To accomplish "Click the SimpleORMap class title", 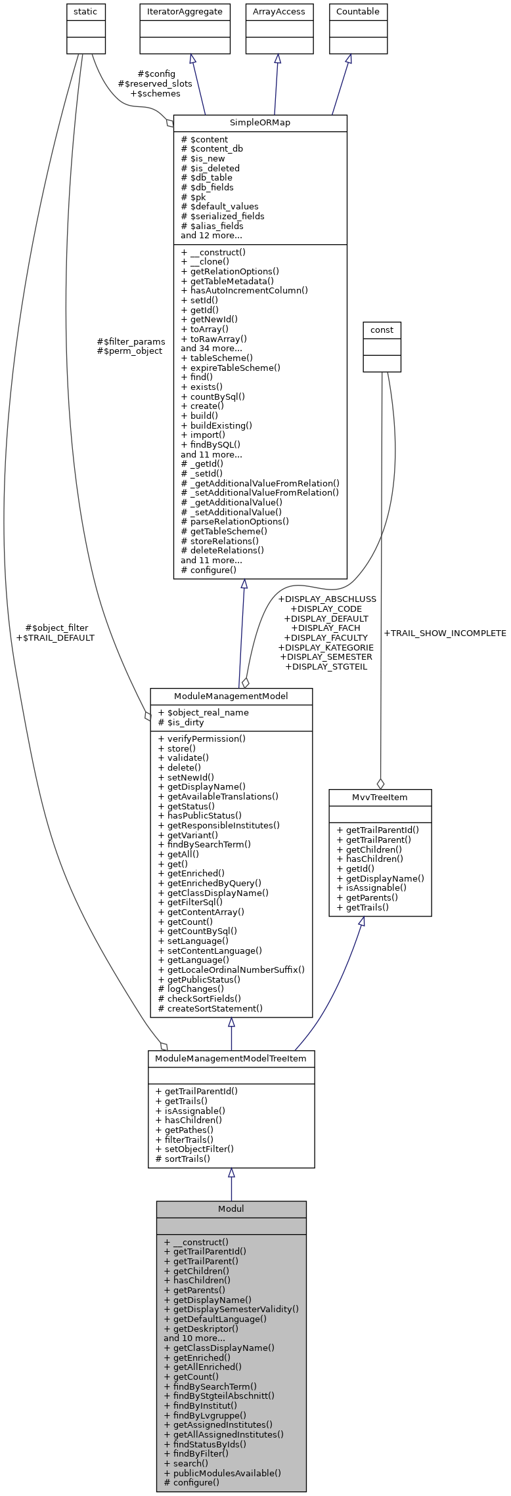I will pyautogui.click(x=259, y=123).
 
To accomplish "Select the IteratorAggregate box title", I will pyautogui.click(x=185, y=12).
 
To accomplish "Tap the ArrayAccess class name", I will pyautogui.click(x=279, y=12).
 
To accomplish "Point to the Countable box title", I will pyautogui.click(x=357, y=12).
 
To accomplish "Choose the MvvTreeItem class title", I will pyautogui.click(x=380, y=797).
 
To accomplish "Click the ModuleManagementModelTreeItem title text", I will pyautogui.click(x=231, y=1059).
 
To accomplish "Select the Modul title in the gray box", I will pyautogui.click(x=231, y=1208).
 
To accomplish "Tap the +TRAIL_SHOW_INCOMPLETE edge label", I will pyautogui.click(x=445, y=633).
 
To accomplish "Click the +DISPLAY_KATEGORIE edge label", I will pyautogui.click(x=326, y=647).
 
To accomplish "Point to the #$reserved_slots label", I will pyautogui.click(x=155, y=84).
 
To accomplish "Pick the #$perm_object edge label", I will pyautogui.click(x=129, y=351).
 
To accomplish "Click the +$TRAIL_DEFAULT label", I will pyautogui.click(x=55, y=637).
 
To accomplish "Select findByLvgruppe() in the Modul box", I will pyautogui.click(x=205, y=1415).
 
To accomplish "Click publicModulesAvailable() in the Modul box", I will pyautogui.click(x=222, y=1472).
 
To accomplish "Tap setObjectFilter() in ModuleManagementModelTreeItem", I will pyautogui.click(x=194, y=1149).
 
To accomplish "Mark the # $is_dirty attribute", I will pyautogui.click(x=181, y=722).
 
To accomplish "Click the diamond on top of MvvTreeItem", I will pyautogui.click(x=380, y=783).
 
